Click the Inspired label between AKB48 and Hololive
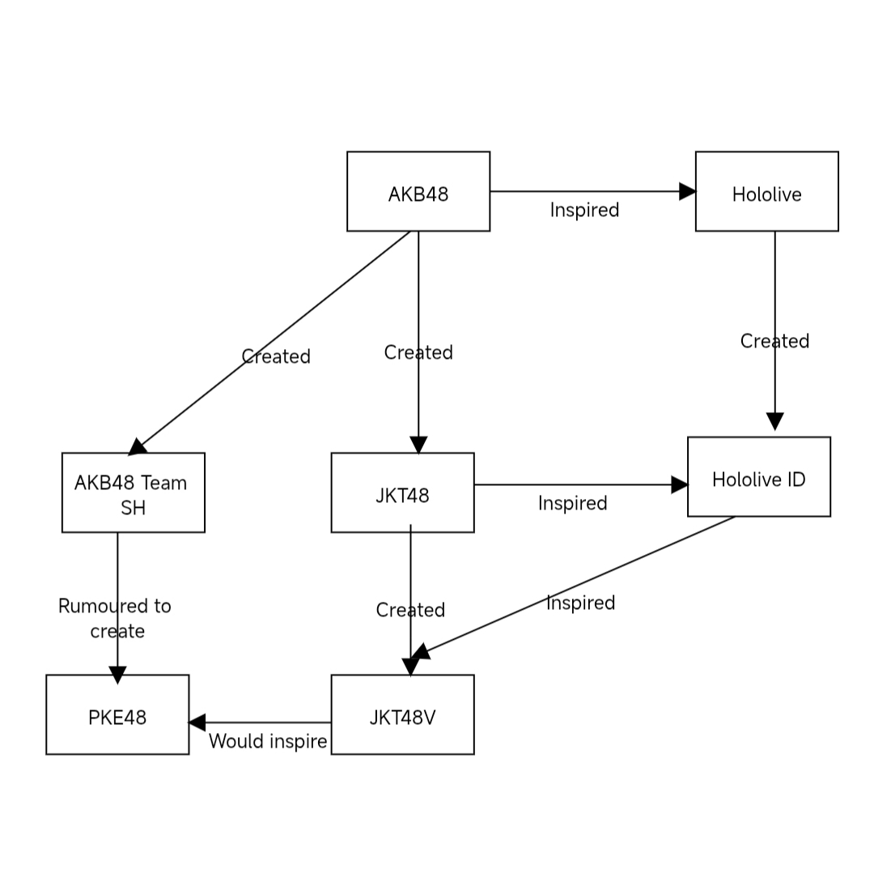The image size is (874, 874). click(x=584, y=211)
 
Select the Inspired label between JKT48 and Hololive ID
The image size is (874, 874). click(x=572, y=504)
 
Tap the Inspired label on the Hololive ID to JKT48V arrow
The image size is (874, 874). click(x=580, y=603)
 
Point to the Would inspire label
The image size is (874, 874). click(x=268, y=742)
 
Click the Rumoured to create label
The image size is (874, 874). click(x=115, y=619)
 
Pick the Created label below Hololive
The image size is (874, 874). click(x=774, y=342)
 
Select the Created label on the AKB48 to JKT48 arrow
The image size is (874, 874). click(x=418, y=353)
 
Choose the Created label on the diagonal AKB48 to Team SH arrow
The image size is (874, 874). click(x=276, y=357)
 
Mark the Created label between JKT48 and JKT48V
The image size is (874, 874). click(x=410, y=611)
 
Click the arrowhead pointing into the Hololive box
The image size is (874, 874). click(x=687, y=191)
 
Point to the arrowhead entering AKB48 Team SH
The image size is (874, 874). click(x=138, y=446)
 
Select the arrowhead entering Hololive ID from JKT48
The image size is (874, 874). click(x=679, y=484)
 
